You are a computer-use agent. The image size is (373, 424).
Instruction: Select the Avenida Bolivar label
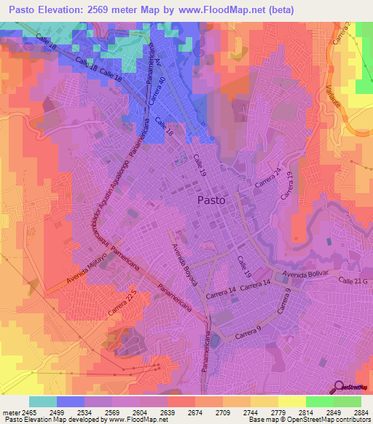tap(306, 275)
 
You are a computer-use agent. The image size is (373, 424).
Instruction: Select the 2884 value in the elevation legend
tap(360, 412)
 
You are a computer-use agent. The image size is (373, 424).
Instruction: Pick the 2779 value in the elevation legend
tap(277, 412)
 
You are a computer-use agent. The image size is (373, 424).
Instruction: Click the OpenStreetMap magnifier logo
tap(339, 387)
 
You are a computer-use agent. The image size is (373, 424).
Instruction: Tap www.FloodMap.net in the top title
tap(239, 11)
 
